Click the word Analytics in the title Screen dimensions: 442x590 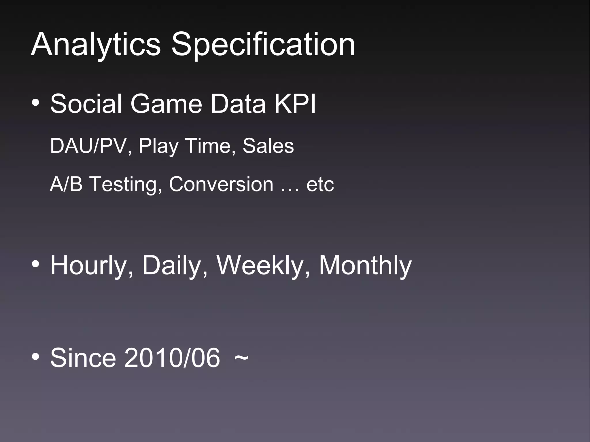[x=96, y=45]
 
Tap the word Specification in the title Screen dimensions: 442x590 [x=263, y=45]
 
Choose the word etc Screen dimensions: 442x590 [x=320, y=185]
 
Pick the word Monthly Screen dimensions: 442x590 [x=365, y=266]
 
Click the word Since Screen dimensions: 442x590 [x=83, y=358]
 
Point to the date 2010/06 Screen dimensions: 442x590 [x=172, y=358]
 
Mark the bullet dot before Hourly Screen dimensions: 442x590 [x=36, y=264]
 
